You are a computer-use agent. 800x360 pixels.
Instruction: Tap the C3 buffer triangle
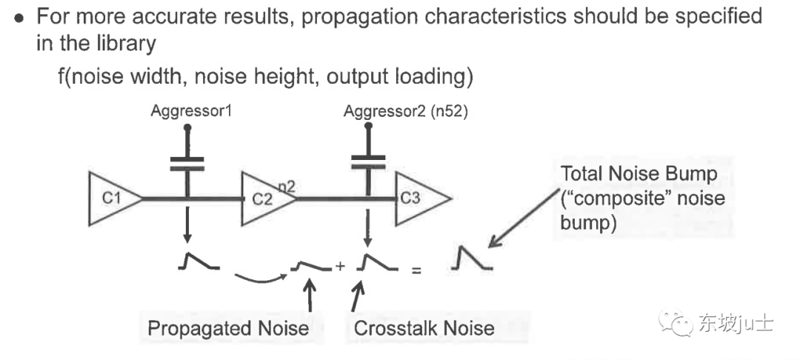416,199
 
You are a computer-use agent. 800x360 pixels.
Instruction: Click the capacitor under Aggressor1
187,164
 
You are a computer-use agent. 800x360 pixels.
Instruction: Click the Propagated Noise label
228,328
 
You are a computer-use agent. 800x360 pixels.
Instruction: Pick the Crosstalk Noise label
424,328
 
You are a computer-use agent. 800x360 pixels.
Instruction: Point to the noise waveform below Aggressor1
197,261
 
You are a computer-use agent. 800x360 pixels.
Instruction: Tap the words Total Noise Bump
639,174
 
